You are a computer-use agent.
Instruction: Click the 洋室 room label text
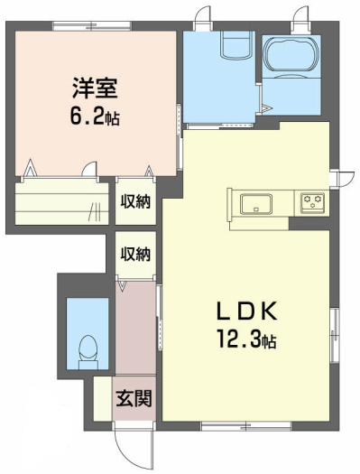95,88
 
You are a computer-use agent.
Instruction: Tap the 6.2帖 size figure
95,116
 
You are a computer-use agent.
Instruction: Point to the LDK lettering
246,311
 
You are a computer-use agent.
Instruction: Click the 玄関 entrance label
134,398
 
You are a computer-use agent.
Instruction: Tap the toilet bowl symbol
88,352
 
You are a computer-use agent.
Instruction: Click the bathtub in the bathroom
291,53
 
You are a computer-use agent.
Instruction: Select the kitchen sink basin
256,204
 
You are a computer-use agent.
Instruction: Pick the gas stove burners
312,201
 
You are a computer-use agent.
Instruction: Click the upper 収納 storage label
135,201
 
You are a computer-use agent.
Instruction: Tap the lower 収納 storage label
135,254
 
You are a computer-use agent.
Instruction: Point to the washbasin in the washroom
236,45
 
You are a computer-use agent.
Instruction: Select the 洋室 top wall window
92,25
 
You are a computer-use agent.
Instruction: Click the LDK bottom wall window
246,426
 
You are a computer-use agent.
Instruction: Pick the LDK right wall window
335,335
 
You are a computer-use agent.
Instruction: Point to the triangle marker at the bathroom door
266,108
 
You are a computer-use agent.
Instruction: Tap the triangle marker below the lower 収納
122,286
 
